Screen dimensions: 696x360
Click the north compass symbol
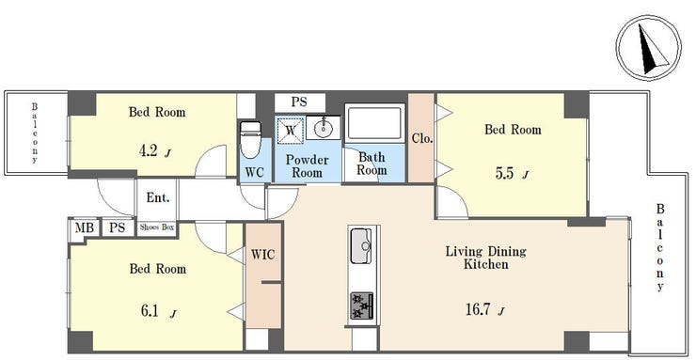pos(649,48)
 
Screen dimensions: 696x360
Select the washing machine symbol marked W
pos(291,130)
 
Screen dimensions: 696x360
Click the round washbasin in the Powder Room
pos(324,128)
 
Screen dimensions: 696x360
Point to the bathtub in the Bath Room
pos(375,123)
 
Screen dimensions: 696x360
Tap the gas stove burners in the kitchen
pos(362,305)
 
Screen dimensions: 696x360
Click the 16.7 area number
pos(479,309)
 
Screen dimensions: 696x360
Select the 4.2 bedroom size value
pos(149,151)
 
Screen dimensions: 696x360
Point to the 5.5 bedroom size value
pos(505,173)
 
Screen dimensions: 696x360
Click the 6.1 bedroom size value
pos(150,311)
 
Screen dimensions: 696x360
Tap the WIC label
pos(262,255)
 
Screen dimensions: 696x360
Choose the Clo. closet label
pos(421,139)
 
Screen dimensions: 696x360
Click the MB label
pos(84,227)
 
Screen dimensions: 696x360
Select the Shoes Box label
pos(157,227)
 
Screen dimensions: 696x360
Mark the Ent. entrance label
pos(158,197)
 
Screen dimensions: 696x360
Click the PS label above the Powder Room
pos(299,102)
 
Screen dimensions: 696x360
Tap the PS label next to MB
pos(118,227)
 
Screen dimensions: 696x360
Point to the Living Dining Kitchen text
pos(486,258)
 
